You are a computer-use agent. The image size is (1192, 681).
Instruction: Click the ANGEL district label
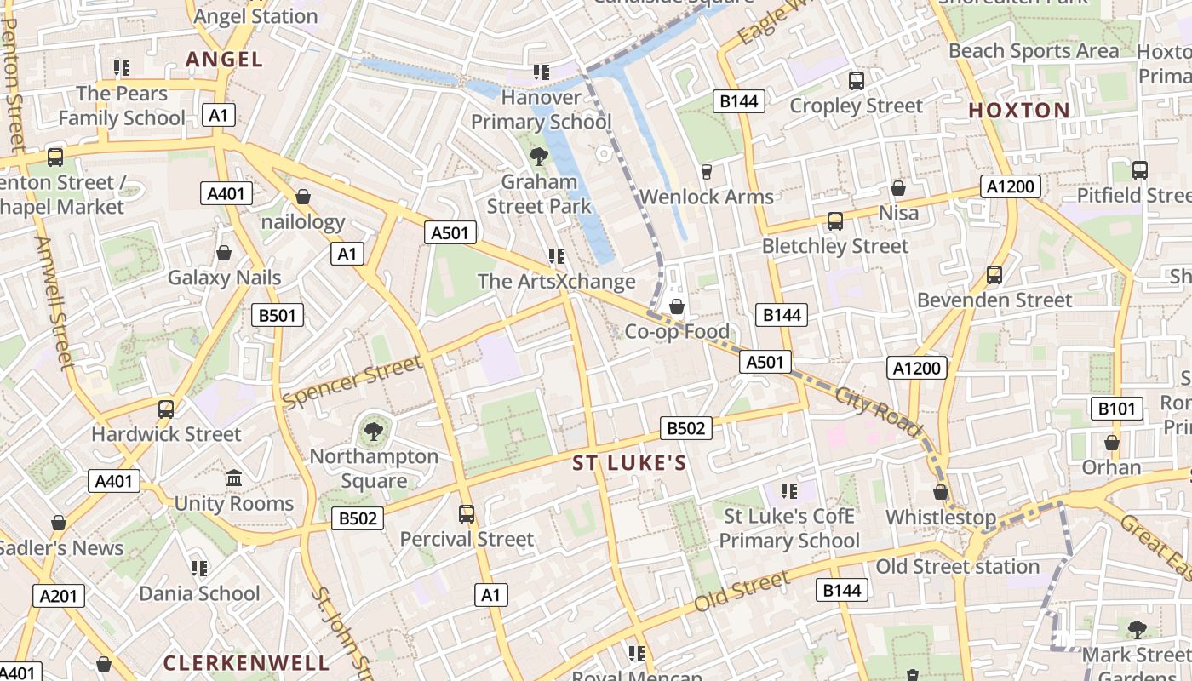tap(224, 59)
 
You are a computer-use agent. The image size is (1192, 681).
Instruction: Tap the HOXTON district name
tap(1019, 110)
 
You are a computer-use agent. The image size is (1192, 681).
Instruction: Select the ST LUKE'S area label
tap(629, 463)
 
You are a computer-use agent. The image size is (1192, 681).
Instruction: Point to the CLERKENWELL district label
tap(246, 662)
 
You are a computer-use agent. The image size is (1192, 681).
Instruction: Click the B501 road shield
tap(278, 316)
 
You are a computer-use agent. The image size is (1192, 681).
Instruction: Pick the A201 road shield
tap(59, 595)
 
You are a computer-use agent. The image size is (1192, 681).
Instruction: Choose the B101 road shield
tap(1116, 409)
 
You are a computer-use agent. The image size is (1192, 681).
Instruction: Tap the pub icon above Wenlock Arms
tap(706, 172)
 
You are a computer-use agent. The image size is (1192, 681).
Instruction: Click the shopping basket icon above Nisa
tap(897, 188)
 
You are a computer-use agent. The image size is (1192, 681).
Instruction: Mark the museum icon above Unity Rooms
tap(234, 478)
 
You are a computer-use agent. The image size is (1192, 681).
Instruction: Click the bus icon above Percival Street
tap(467, 514)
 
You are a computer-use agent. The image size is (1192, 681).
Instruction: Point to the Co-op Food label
tap(677, 331)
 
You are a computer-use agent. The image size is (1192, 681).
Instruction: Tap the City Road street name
tap(877, 411)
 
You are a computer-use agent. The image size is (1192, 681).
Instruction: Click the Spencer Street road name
tap(352, 381)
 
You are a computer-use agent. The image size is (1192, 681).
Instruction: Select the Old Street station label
tap(958, 566)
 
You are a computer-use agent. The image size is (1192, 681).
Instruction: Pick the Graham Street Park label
tap(539, 194)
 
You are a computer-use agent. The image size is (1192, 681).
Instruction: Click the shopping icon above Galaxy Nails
tap(224, 253)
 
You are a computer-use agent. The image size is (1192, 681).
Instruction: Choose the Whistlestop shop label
tap(940, 518)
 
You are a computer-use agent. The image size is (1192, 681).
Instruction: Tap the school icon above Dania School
tap(199, 568)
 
